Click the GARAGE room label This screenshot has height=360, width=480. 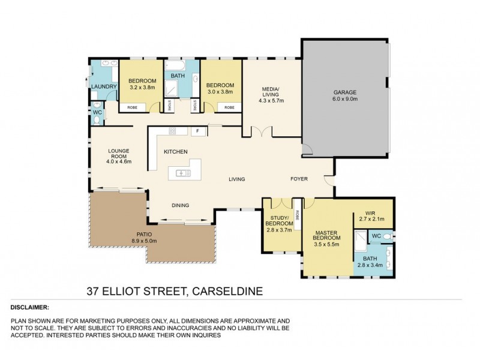[x=345, y=92]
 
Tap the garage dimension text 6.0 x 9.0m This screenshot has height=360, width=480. [x=345, y=100]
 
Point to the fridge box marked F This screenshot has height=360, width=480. [x=196, y=131]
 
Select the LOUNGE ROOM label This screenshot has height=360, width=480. [x=118, y=154]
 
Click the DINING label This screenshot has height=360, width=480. [x=180, y=205]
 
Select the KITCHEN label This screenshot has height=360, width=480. [x=176, y=151]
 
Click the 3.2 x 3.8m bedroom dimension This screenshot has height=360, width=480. [x=143, y=88]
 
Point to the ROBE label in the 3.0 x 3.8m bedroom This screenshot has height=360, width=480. [x=229, y=107]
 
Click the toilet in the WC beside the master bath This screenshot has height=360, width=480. [x=387, y=236]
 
